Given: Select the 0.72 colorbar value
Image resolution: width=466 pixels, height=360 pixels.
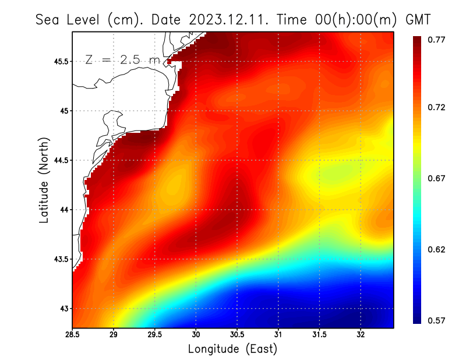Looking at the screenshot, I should [437, 108].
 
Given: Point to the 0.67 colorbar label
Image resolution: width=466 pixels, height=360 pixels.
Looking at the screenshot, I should [437, 179].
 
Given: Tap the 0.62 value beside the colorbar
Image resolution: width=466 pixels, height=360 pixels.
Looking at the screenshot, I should [437, 250].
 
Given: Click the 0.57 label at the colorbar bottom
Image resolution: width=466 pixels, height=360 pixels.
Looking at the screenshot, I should [437, 320].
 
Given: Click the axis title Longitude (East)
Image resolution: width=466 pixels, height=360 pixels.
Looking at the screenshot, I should [232, 349].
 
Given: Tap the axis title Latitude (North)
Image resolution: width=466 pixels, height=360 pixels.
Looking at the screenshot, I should [44, 180].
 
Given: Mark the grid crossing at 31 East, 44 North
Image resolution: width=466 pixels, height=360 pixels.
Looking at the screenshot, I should [278, 210].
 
